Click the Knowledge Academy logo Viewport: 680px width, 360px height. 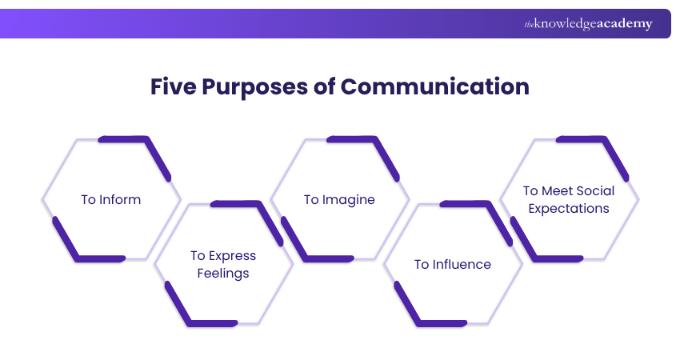tap(588, 24)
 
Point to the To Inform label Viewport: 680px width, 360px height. tap(110, 199)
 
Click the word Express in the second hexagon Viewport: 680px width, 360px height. tap(231, 256)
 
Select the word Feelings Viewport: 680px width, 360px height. tap(223, 274)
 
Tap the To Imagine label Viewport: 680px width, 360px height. tap(339, 199)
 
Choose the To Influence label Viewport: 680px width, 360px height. tap(452, 264)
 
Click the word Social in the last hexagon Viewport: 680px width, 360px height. tap(595, 191)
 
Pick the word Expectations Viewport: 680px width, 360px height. tap(569, 209)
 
